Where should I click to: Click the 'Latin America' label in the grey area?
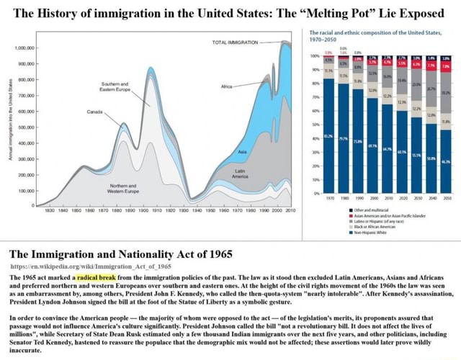pyautogui.click(x=241, y=173)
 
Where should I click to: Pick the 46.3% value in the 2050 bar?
pyautogui.click(x=446, y=163)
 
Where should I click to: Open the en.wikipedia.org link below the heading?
pyautogui.click(x=84, y=266)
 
